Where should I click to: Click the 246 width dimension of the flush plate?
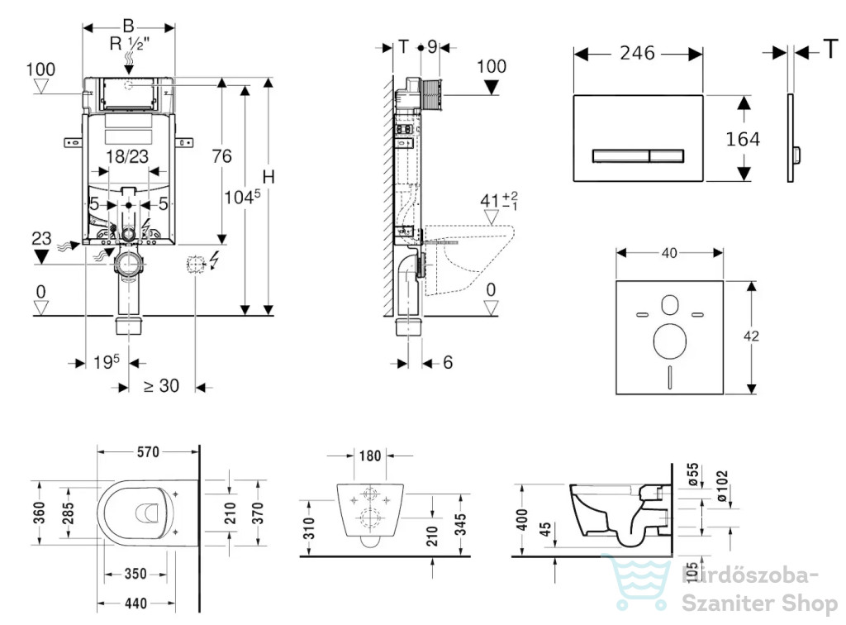coord(637,53)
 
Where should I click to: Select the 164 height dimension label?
coord(743,139)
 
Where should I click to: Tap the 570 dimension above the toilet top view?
coord(148,451)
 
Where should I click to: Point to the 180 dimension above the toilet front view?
coord(370,456)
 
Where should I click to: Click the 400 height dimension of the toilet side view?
coord(522,520)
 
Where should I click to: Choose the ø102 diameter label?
coord(722,486)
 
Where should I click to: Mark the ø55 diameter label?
coord(693,475)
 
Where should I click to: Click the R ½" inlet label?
coord(130,44)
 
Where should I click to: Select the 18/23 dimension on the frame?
coord(127,156)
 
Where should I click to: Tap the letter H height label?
coord(269,177)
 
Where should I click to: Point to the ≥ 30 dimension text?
coord(161,386)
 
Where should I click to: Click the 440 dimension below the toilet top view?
coord(135,603)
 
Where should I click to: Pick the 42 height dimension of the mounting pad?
coord(751,336)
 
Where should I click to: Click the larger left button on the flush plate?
coord(620,155)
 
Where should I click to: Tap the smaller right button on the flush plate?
coord(667,155)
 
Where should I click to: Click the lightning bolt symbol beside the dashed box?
coord(214,260)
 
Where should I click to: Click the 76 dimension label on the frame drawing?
coord(221,156)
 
